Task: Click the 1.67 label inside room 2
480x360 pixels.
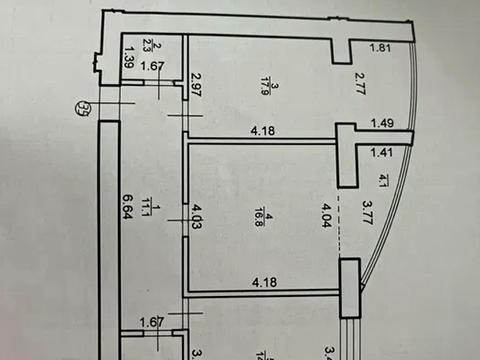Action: click(153, 67)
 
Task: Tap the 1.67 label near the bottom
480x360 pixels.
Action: click(152, 321)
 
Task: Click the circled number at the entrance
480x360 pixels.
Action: click(84, 109)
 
